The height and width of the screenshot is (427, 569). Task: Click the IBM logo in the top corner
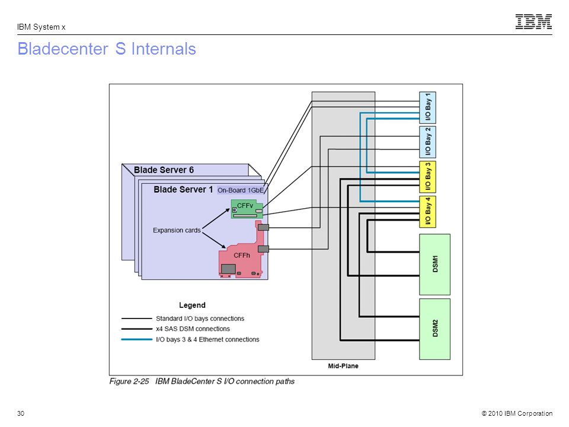pyautogui.click(x=533, y=21)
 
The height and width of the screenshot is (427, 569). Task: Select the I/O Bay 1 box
pyautogui.click(x=427, y=107)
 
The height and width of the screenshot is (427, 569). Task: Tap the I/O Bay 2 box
pyautogui.click(x=427, y=142)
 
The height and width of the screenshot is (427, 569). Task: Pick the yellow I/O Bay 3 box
pyautogui.click(x=427, y=177)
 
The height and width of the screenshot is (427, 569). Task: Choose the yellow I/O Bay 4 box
pyautogui.click(x=427, y=212)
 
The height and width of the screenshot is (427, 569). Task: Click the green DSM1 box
pyautogui.click(x=434, y=265)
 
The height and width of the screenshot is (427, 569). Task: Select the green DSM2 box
pyautogui.click(x=434, y=329)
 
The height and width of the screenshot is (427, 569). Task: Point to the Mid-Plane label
pyautogui.click(x=343, y=366)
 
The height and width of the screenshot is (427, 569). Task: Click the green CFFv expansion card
pyautogui.click(x=247, y=209)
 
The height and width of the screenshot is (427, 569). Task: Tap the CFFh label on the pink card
pyautogui.click(x=242, y=256)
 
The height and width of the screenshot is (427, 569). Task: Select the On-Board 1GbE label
pyautogui.click(x=240, y=190)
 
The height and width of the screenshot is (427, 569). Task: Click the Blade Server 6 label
pyautogui.click(x=164, y=170)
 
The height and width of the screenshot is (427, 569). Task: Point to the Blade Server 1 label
pyautogui.click(x=183, y=190)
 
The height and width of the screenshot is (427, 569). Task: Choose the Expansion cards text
pyautogui.click(x=177, y=230)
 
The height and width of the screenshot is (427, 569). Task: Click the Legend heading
pyautogui.click(x=192, y=305)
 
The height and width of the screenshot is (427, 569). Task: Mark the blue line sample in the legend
pyautogui.click(x=137, y=339)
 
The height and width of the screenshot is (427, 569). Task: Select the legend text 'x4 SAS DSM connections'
pyautogui.click(x=193, y=329)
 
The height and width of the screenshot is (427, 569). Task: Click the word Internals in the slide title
pyautogui.click(x=164, y=49)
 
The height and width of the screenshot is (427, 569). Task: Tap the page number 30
pyautogui.click(x=21, y=413)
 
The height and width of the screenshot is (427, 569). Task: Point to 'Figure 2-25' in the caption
pyautogui.click(x=129, y=381)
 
